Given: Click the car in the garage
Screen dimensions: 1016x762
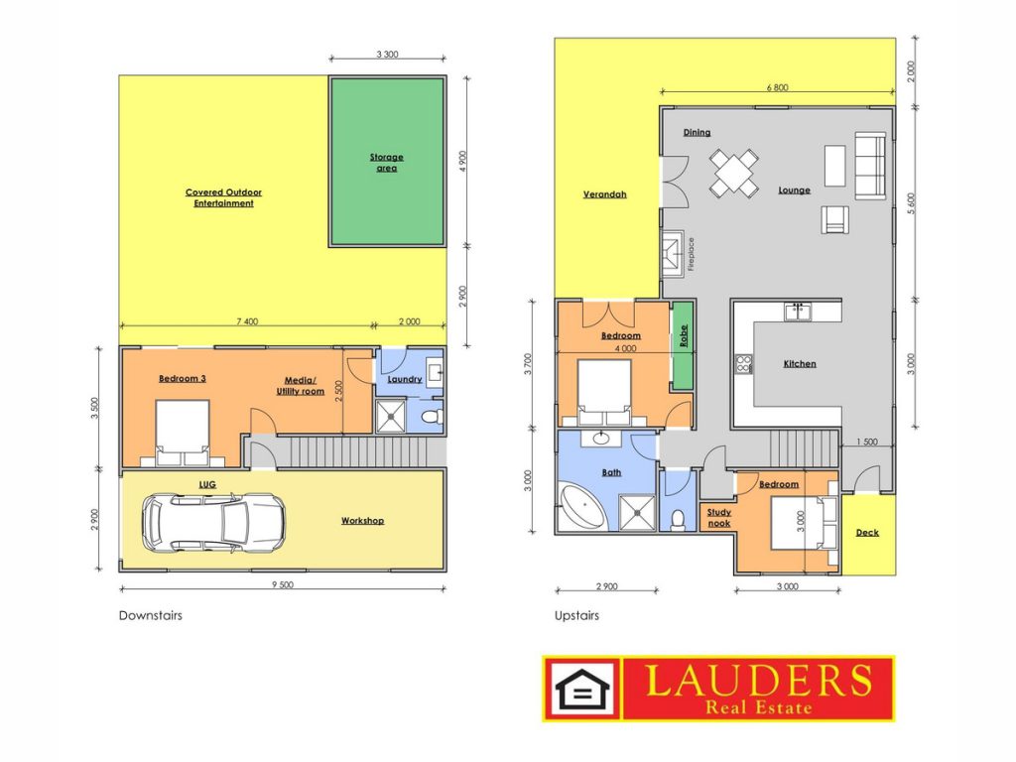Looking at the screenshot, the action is (213, 524).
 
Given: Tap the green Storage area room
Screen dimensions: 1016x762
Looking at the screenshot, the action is (387, 162).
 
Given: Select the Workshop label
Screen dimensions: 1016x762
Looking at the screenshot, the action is (362, 520).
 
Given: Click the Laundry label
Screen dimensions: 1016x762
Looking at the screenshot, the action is (405, 379).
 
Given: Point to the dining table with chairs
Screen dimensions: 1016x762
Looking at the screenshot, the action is (733, 173).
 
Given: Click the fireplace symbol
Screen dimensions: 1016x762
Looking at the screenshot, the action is (672, 253).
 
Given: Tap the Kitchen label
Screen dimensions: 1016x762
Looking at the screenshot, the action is (800, 363).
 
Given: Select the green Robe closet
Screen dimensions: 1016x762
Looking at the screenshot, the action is (682, 345).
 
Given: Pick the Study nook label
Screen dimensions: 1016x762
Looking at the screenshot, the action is (718, 518).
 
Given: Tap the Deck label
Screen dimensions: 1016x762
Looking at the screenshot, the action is (867, 533).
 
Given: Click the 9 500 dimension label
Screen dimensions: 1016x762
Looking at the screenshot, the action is (283, 584).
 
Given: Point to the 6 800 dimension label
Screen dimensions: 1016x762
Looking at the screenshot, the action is (778, 87).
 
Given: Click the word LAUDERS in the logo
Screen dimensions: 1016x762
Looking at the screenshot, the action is (758, 681).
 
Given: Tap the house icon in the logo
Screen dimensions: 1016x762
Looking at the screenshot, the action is (582, 689).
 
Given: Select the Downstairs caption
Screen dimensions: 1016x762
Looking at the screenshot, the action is (151, 615).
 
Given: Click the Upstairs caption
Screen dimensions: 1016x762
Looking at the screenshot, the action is (576, 616).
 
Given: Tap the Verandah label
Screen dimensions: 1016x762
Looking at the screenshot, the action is (604, 193).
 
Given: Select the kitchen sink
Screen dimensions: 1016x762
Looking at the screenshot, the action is (798, 312).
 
